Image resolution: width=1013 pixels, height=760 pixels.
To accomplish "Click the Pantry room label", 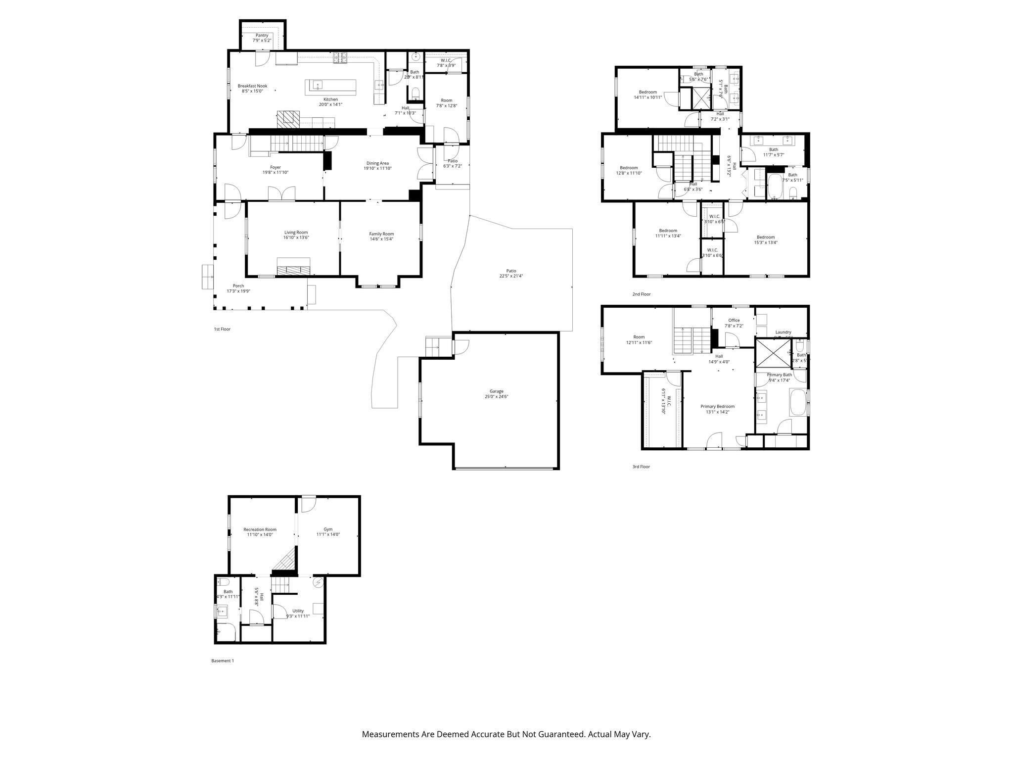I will (x=262, y=35).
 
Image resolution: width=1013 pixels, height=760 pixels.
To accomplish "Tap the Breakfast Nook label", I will (x=252, y=86).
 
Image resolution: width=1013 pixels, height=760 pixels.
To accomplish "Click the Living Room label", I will (x=296, y=232).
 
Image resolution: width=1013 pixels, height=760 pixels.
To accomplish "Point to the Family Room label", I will (x=381, y=234).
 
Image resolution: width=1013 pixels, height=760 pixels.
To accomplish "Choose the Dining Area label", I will (x=377, y=163).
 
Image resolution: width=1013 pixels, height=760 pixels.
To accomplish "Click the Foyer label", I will (x=275, y=167).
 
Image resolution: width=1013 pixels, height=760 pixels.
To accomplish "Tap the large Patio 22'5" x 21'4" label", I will (x=511, y=271).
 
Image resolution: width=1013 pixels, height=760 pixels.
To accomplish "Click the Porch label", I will (x=238, y=285).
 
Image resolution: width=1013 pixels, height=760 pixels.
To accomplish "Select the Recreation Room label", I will (x=260, y=529).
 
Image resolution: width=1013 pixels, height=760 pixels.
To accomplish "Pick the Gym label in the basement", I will (x=328, y=529).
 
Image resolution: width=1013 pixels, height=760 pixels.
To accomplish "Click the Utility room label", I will (x=298, y=611).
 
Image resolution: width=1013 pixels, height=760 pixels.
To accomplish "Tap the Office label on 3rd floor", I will (x=734, y=320).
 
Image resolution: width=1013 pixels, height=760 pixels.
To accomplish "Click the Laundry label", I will (x=783, y=332).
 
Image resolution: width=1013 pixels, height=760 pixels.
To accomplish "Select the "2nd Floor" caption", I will (x=641, y=294).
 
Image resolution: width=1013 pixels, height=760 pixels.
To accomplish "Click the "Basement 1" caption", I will (x=222, y=661).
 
